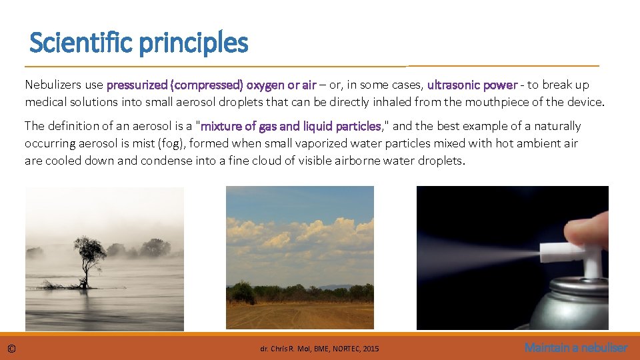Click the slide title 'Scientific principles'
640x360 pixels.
pyautogui.click(x=139, y=44)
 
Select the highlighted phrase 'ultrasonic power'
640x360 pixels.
pyautogui.click(x=472, y=85)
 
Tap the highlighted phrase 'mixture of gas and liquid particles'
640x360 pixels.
pyautogui.click(x=291, y=126)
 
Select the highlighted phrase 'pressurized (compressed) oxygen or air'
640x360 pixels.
pyautogui.click(x=211, y=85)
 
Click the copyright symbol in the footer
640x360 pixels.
pyautogui.click(x=11, y=348)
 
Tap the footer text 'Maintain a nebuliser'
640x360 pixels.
pyautogui.click(x=575, y=347)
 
